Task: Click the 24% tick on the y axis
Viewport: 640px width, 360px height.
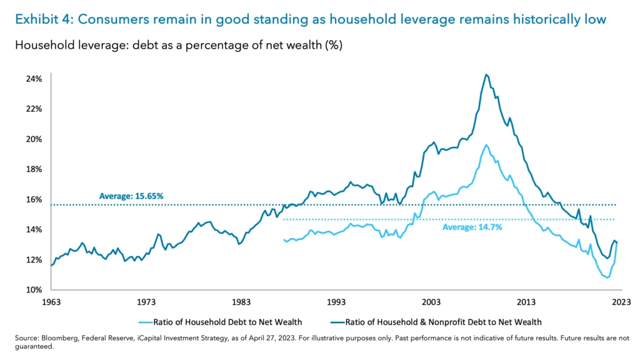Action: point(34,79)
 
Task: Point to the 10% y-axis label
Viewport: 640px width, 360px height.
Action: point(34,290)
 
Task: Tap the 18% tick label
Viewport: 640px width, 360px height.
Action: point(34,169)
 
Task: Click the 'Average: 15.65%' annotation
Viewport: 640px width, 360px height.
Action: point(131,196)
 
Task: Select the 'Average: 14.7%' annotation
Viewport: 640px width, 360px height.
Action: point(472,227)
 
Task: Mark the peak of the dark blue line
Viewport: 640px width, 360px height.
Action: point(486,74)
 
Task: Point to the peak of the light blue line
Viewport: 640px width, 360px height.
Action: point(486,145)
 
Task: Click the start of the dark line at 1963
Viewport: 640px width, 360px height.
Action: point(51,266)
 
